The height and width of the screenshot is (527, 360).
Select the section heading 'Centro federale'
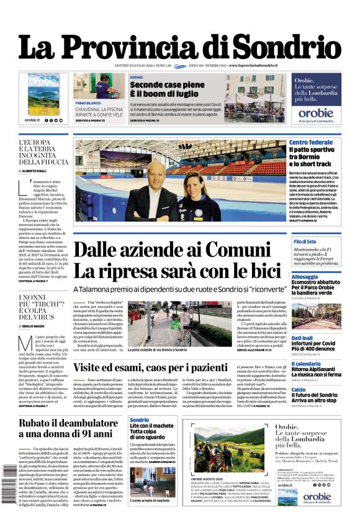coord(311,142)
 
